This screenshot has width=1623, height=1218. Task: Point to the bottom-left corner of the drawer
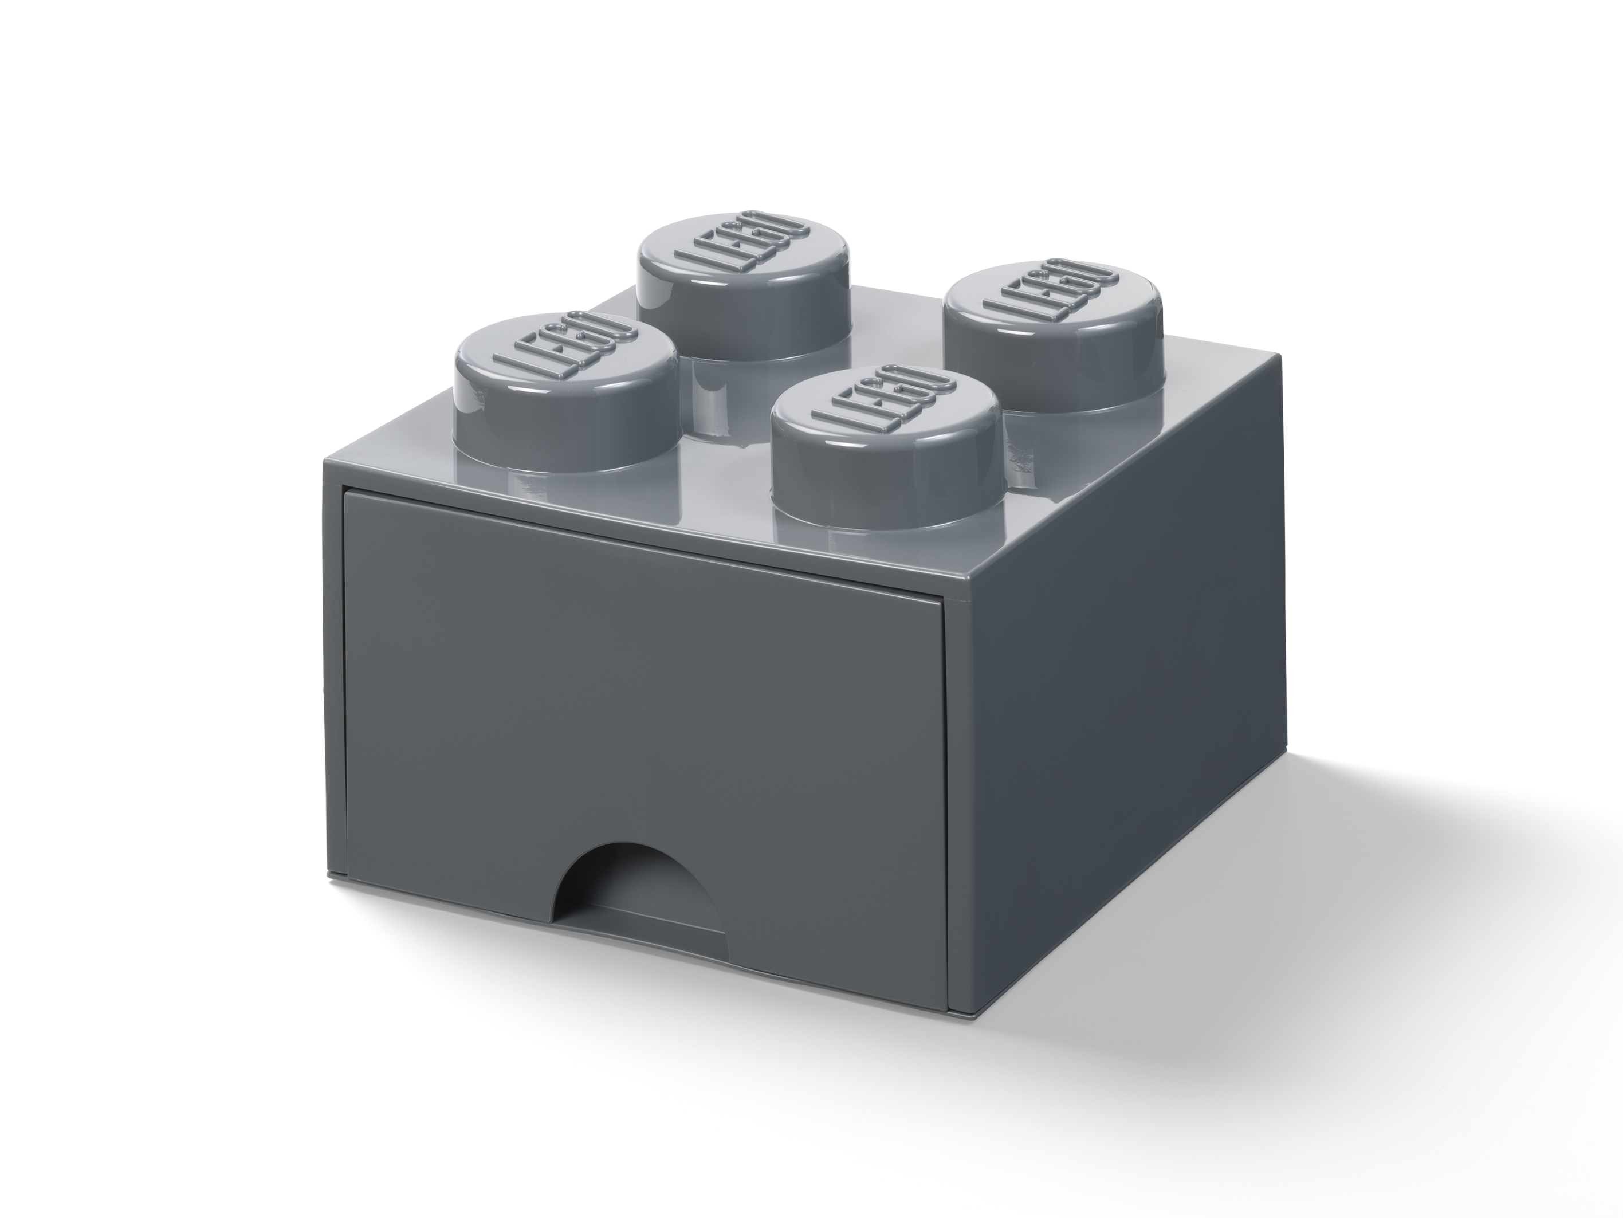[x=347, y=873]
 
